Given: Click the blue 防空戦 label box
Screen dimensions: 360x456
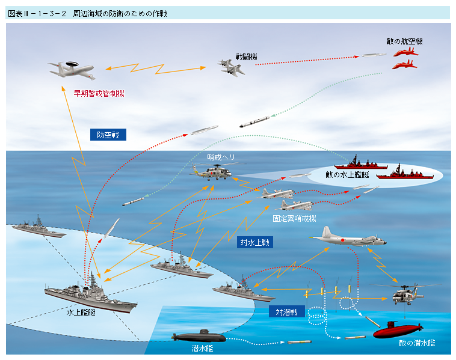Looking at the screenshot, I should click(x=108, y=135).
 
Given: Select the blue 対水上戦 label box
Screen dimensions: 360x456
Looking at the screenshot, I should click(x=255, y=242).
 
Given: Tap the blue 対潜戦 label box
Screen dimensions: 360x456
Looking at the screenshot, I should click(x=286, y=311).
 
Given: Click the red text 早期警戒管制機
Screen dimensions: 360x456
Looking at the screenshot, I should click(x=99, y=94).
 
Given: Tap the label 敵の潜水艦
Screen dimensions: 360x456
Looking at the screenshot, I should click(x=416, y=343).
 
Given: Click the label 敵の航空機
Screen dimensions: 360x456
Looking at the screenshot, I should click(x=404, y=42).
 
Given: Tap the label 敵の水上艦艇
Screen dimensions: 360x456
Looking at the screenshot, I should click(x=347, y=175).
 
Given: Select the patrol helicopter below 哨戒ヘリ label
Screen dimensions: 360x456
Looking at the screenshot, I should click(x=211, y=172).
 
